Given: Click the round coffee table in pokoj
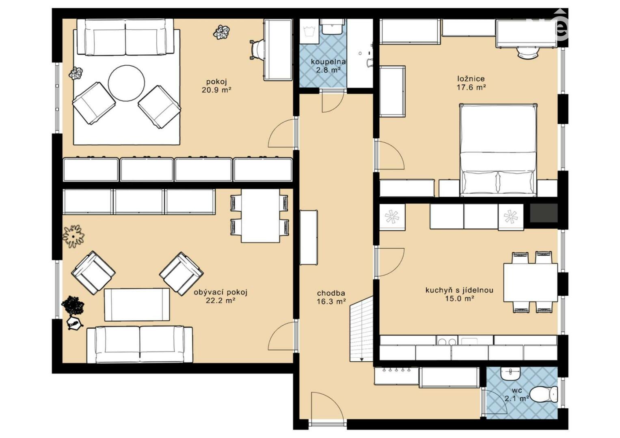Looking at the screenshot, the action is click(x=126, y=83).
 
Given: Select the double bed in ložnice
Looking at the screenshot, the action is click(x=498, y=150).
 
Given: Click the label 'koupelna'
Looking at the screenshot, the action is click(x=328, y=61).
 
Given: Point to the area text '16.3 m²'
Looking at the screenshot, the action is click(x=331, y=301).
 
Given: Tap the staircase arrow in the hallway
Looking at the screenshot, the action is click(x=361, y=359).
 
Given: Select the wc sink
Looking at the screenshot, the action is click(x=511, y=374).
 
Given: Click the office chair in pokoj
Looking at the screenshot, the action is click(x=256, y=49).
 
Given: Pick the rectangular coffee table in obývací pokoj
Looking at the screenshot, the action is click(x=137, y=305).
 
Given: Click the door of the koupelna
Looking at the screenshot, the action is click(x=333, y=102).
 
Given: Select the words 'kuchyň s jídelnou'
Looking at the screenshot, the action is click(x=459, y=290).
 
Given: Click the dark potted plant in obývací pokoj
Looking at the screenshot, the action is click(x=73, y=305).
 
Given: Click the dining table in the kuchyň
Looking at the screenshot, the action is click(x=530, y=282).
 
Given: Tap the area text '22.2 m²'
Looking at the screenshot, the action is click(x=220, y=300).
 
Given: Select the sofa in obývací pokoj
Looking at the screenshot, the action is click(x=140, y=344).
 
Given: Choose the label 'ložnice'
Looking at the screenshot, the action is click(x=471, y=79).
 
